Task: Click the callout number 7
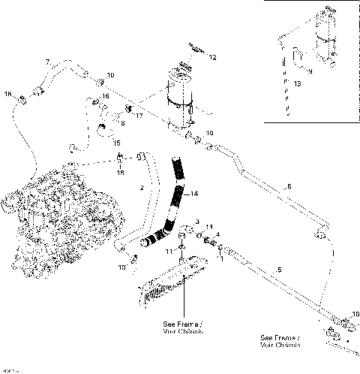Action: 47,61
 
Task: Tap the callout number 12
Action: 212,57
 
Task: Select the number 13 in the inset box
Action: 299,85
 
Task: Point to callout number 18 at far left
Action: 8,94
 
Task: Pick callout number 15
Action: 115,142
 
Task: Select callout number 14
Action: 195,193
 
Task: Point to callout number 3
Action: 197,222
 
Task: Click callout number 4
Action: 217,234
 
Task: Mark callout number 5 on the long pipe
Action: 279,270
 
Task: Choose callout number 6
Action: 287,186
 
